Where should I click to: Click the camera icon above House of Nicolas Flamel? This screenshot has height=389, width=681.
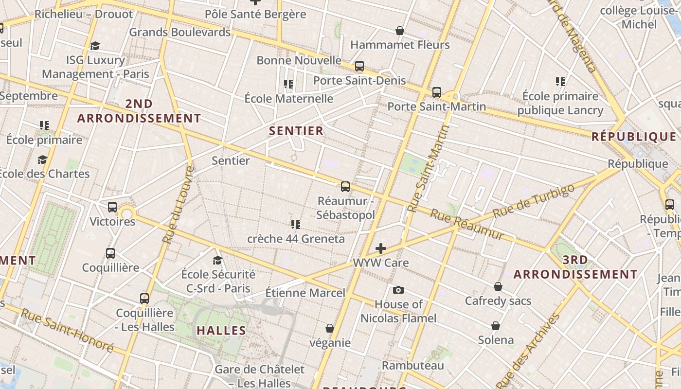coord(398,290)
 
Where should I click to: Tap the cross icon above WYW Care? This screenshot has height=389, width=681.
coord(381,249)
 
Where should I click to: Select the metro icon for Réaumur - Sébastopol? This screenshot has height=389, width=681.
coord(345,186)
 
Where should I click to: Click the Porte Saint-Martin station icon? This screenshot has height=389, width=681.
coord(437,92)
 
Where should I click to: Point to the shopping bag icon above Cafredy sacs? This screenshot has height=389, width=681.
coord(498,286)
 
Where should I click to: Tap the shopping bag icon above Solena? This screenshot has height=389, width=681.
coord(496,325)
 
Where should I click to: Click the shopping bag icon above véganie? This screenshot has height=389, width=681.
coord(330,328)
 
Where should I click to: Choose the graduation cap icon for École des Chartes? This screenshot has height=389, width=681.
coord(42,159)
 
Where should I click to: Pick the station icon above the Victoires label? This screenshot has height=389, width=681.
coord(112,207)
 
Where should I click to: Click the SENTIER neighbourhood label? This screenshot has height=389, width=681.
coord(296,131)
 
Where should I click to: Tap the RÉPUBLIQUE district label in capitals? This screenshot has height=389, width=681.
coord(634,137)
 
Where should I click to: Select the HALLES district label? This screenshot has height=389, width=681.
coord(221,331)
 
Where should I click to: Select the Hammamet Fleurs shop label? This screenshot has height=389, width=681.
coord(400,45)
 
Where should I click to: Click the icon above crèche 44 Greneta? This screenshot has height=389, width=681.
coord(295,225)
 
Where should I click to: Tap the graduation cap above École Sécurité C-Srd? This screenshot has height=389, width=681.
coord(217,261)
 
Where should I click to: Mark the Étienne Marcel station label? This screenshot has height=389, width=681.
coord(305,293)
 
